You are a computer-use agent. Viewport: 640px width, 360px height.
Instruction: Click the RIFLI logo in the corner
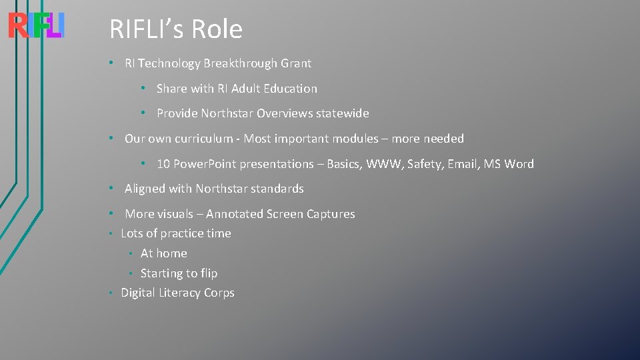click(36, 26)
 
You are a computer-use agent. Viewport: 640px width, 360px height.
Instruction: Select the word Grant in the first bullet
click(296, 63)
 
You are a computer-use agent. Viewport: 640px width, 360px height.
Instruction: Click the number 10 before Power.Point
click(163, 164)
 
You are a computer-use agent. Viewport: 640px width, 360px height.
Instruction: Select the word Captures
click(331, 214)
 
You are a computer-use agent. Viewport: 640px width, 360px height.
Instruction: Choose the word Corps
click(219, 293)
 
